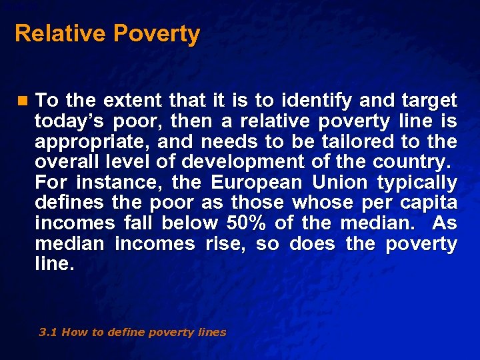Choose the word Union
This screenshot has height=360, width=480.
340,183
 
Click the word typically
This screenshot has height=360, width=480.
417,183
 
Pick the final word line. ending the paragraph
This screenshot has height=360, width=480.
53,264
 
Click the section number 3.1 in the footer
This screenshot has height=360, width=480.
48,332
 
